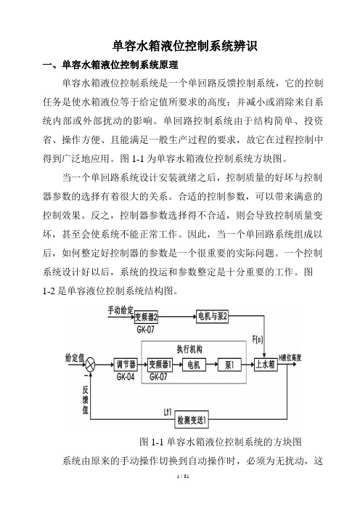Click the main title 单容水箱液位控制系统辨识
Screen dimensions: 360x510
[x=184, y=46]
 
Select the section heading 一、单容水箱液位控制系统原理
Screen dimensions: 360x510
[x=110, y=65]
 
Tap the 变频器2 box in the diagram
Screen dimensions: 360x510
[x=146, y=317]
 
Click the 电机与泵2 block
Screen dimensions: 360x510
[x=213, y=317]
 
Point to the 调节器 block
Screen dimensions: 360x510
[x=126, y=365]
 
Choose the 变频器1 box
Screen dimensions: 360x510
[x=160, y=365]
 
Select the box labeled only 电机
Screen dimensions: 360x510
[x=193, y=365]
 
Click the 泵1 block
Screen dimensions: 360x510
[x=229, y=365]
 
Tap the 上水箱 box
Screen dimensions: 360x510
[x=266, y=365]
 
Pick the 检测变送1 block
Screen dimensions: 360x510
[x=192, y=420]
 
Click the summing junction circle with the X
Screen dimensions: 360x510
[x=90, y=365]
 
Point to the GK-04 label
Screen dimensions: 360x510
[x=126, y=376]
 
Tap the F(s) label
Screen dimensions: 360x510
[x=258, y=339]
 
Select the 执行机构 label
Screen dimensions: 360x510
[x=189, y=349]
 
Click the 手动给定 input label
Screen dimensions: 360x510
[x=120, y=311]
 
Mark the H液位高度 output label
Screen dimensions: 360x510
[x=290, y=357]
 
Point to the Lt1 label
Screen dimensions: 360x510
[x=168, y=412]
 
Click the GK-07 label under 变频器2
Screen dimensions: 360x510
[x=146, y=329]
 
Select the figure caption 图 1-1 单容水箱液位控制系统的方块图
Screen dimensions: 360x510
[x=221, y=442]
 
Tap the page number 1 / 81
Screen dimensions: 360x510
[x=183, y=477]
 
